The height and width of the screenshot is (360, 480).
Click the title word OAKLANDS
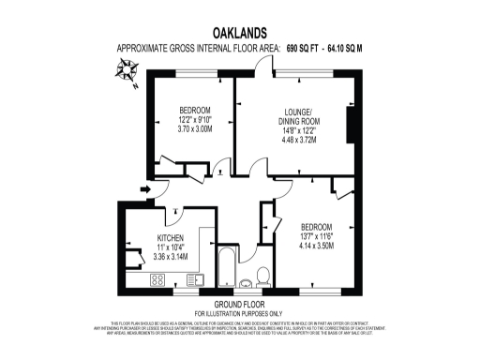coord(238,32)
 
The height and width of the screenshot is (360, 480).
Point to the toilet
coord(263,274)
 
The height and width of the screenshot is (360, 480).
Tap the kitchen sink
coord(194,278)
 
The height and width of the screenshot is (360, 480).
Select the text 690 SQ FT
coord(286,48)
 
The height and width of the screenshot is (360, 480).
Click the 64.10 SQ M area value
coord(338,48)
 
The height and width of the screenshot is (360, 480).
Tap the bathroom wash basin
coord(246,280)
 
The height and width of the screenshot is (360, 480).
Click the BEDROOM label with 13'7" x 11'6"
coord(319,228)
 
